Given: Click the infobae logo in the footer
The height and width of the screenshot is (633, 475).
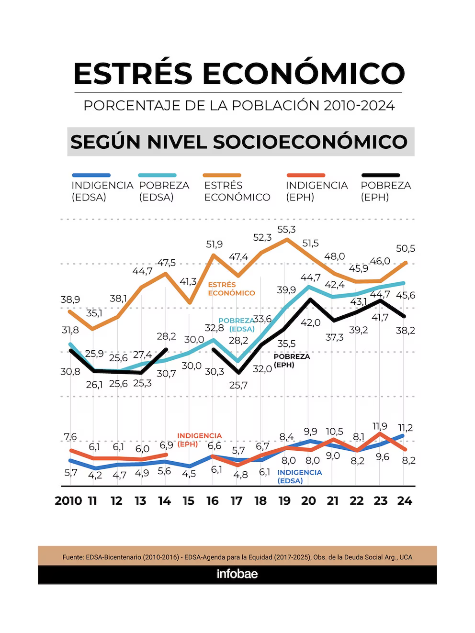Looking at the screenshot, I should click(x=237, y=574).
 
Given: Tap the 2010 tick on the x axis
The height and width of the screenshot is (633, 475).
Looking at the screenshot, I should click(x=68, y=501).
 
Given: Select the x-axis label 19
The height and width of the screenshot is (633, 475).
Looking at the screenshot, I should click(x=284, y=501).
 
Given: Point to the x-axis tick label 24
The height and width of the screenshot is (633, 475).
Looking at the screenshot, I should click(x=405, y=501).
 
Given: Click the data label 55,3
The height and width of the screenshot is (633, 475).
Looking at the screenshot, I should click(x=286, y=230).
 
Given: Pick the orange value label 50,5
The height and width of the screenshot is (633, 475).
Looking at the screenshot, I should click(x=405, y=249).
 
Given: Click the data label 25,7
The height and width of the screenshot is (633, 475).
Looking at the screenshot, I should click(x=238, y=385).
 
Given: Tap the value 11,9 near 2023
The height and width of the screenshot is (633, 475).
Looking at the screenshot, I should click(x=380, y=426).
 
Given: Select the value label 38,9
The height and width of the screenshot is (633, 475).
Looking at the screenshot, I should click(x=70, y=300).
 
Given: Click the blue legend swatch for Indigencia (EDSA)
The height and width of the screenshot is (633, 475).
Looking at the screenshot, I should click(x=91, y=175).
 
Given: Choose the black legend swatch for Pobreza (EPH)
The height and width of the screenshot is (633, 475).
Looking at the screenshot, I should click(x=381, y=175).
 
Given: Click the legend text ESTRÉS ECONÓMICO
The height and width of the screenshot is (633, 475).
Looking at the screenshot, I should click(x=237, y=191).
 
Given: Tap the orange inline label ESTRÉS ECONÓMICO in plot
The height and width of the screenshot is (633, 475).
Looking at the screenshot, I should click(x=231, y=289).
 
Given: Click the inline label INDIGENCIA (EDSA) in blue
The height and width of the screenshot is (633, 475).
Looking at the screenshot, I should click(x=299, y=477).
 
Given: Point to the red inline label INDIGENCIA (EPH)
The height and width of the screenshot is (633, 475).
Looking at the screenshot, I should click(x=199, y=439).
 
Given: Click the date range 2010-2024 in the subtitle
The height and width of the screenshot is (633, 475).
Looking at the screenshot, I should click(x=359, y=106).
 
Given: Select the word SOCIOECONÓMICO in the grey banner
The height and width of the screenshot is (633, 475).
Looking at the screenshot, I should click(x=310, y=142).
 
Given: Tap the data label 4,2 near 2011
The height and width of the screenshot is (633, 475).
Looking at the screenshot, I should click(x=95, y=475).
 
